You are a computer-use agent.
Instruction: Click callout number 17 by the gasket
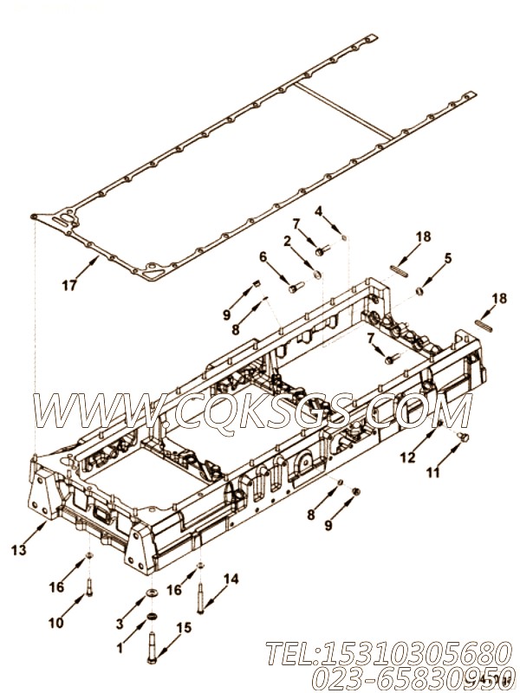pyautogui.click(x=70, y=284)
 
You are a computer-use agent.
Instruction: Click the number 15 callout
pyautogui.click(x=184, y=627)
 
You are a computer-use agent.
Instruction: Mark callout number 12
pyautogui.click(x=406, y=457)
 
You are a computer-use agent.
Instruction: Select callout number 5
pyautogui.click(x=448, y=257)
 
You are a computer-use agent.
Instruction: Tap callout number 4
pyautogui.click(x=318, y=210)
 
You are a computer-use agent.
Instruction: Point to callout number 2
pyautogui.click(x=287, y=241)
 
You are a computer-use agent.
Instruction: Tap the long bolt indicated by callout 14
pyautogui.click(x=201, y=597)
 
